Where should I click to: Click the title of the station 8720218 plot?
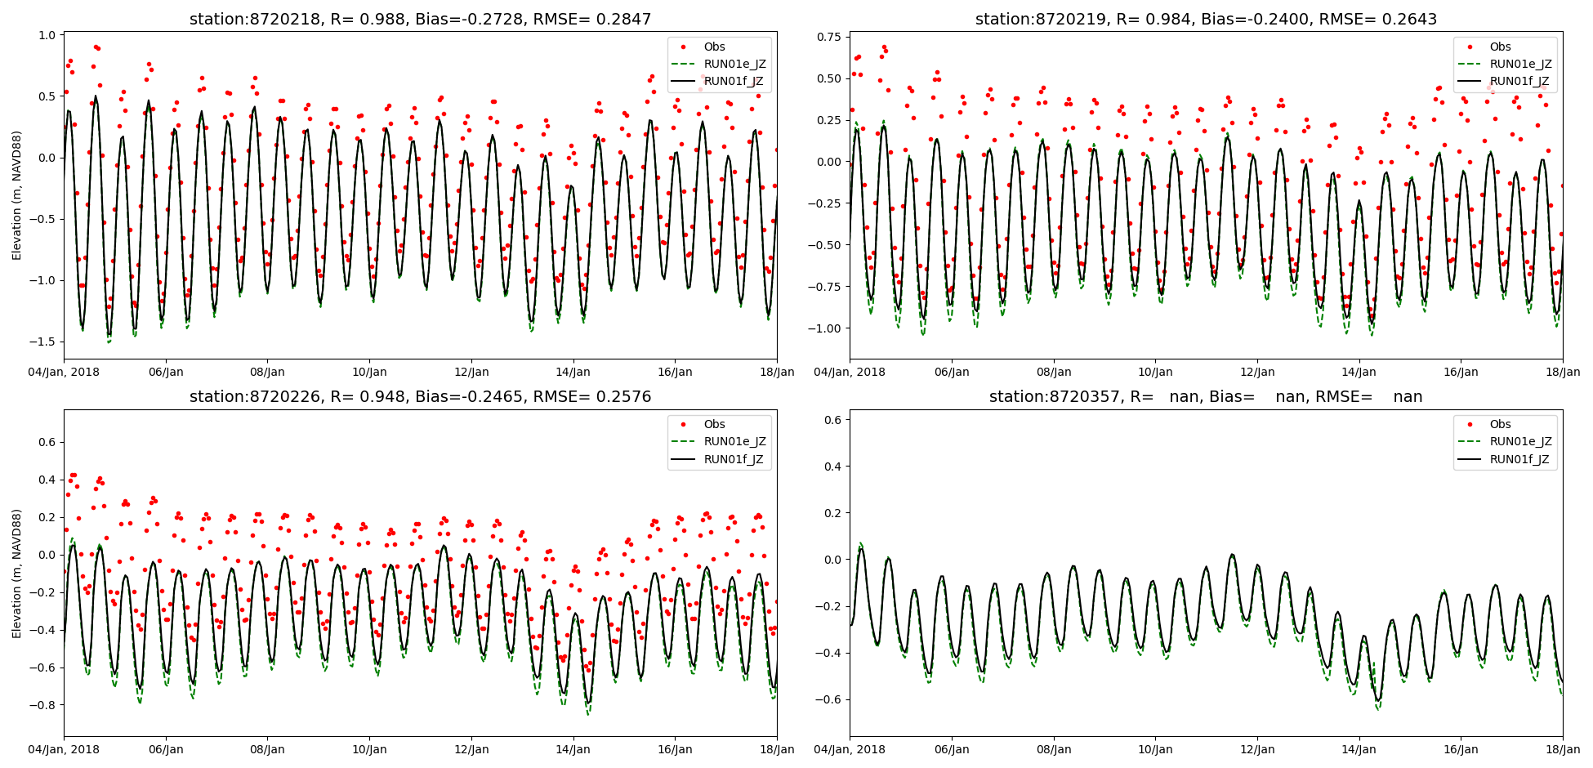pyautogui.click(x=420, y=19)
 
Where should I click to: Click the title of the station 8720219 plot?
pyautogui.click(x=1206, y=19)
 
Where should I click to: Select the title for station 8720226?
pyautogui.click(x=420, y=397)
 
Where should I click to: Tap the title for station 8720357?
pyautogui.click(x=1206, y=397)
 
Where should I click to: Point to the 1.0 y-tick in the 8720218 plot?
pyautogui.click(x=47, y=35)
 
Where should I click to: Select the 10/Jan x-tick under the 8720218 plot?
pyautogui.click(x=369, y=372)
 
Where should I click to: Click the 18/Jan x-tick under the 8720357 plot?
pyautogui.click(x=1563, y=749)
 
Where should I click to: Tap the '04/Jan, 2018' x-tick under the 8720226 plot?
pyautogui.click(x=65, y=749)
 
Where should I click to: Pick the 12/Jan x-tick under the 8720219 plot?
pyautogui.click(x=1257, y=372)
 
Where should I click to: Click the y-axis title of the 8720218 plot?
pyautogui.click(x=17, y=195)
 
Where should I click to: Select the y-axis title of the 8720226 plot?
pyautogui.click(x=17, y=573)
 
